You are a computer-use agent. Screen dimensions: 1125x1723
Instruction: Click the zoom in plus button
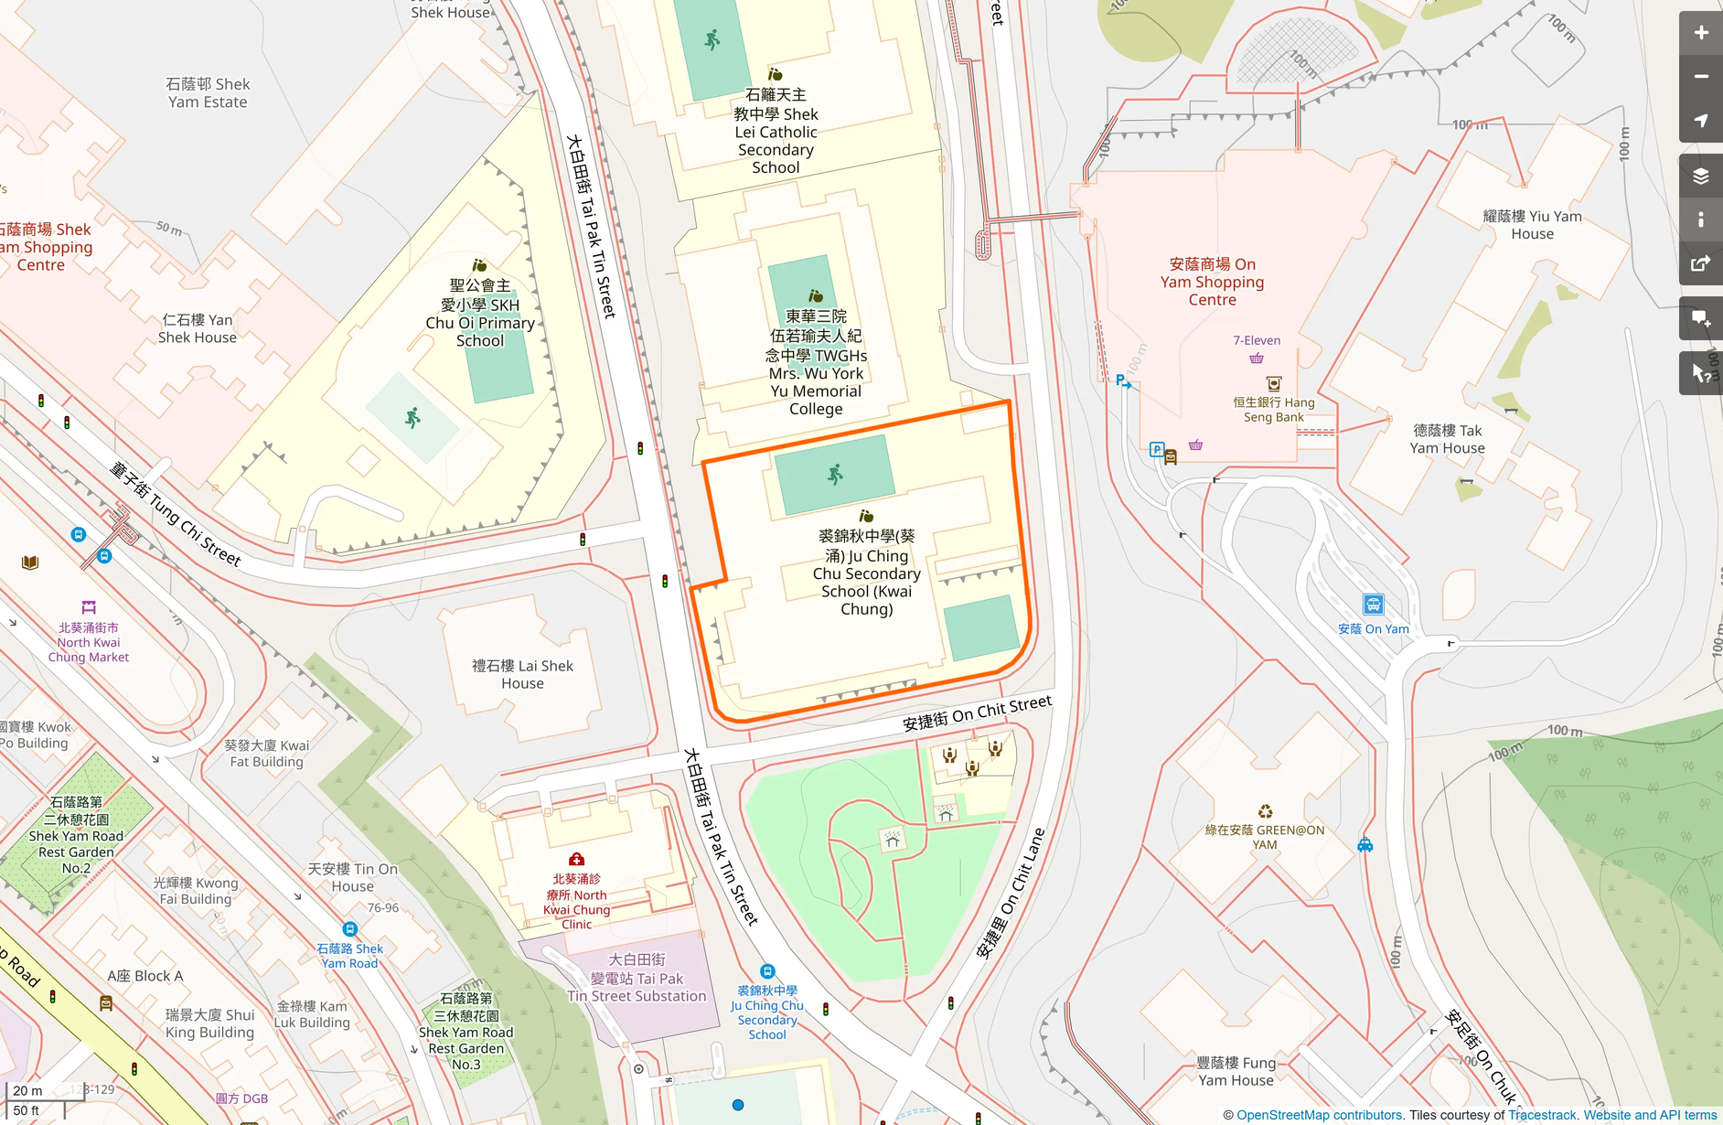tap(1700, 33)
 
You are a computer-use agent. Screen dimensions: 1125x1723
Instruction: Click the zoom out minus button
tap(1700, 77)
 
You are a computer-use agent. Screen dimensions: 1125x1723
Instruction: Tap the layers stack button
tap(1700, 177)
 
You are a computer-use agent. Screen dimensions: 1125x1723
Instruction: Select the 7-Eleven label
tap(1256, 340)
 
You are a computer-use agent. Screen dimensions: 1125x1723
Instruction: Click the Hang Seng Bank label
tap(1273, 409)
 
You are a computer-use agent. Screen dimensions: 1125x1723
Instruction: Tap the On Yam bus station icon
tap(1373, 605)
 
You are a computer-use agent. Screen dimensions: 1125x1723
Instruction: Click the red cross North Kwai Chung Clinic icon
tap(576, 860)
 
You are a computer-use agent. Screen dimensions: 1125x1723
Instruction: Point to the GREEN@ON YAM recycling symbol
tap(1265, 811)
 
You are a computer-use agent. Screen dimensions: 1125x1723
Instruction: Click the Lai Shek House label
tap(522, 674)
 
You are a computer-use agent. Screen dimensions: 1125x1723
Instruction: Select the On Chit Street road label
tap(977, 712)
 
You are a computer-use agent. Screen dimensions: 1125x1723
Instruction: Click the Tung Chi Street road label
tap(175, 514)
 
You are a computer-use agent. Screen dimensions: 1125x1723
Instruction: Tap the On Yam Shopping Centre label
tap(1212, 282)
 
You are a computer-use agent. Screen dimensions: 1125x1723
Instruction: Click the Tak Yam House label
tap(1447, 439)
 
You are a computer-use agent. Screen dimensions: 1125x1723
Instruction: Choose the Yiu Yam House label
tap(1532, 225)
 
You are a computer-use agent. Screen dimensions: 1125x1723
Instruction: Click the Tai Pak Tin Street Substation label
tap(637, 978)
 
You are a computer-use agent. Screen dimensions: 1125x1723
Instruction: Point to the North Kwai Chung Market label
tap(88, 642)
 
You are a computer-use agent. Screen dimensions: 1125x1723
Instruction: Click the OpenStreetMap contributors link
tap(1319, 1115)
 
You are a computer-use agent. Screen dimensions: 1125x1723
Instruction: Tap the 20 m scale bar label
tap(27, 1090)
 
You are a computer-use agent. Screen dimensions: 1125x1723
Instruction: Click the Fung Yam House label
tap(1236, 1071)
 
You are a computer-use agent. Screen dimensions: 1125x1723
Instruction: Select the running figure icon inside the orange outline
tap(835, 474)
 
